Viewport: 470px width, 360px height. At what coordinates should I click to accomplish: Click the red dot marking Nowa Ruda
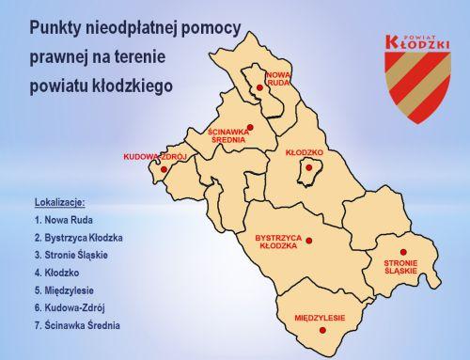tap(259, 88)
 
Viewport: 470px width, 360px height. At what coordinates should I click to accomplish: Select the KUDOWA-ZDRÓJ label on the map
tap(155, 156)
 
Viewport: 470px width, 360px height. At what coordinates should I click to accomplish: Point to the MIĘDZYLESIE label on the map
tap(320, 318)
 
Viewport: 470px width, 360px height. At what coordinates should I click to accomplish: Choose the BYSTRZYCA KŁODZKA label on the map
tap(280, 243)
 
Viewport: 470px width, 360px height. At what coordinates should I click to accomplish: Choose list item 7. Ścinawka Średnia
tap(82, 326)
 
